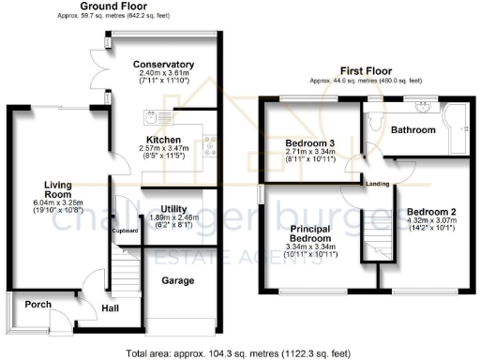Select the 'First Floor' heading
coord(364,69)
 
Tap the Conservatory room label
coord(164,65)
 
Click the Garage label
coord(177,280)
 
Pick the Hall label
coord(110,307)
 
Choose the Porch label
coord(37,304)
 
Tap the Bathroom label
coord(413,129)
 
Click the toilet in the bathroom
coord(372,119)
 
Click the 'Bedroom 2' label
coord(431,212)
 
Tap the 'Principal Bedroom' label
coord(309,232)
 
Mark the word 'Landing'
coord(378,183)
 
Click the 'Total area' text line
coord(240,352)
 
